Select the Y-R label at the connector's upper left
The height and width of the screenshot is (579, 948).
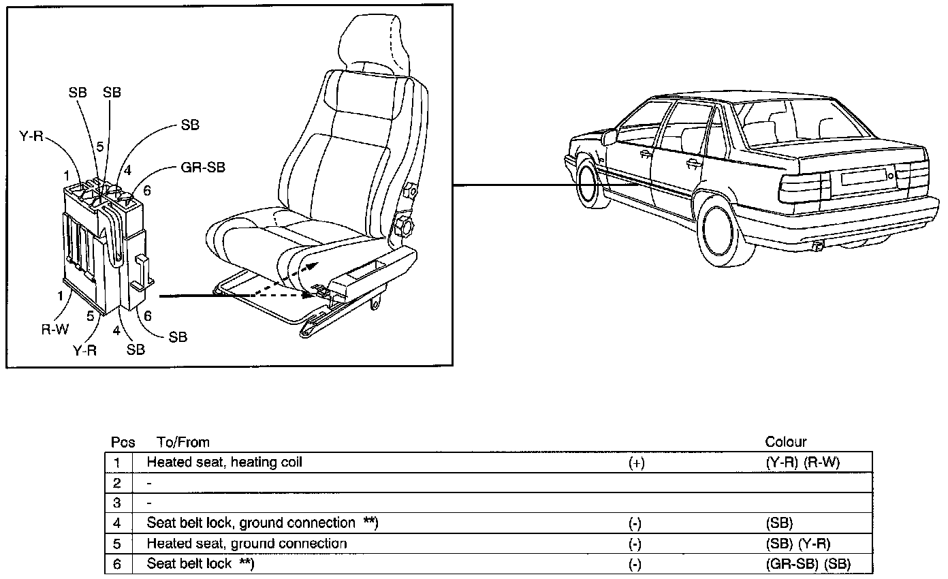31,136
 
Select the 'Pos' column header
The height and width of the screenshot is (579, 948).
123,442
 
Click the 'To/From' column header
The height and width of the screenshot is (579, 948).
183,442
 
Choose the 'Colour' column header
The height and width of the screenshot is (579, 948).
786,442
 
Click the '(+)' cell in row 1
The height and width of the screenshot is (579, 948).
636,463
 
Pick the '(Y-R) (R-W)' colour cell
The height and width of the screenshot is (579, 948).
803,463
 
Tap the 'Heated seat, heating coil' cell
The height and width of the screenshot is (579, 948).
224,462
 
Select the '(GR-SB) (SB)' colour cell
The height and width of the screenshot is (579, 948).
808,564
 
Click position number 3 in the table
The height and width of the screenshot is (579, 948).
117,503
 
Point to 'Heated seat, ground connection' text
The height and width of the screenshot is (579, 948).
247,544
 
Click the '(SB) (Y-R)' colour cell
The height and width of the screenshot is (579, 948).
798,544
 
